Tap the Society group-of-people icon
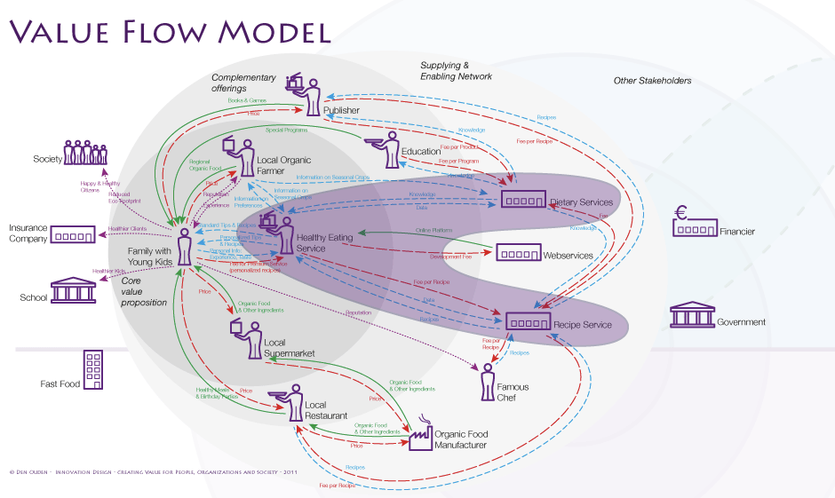coord(85,152)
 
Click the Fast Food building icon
coord(93,369)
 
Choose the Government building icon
coord(692,315)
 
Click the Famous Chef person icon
coord(487,380)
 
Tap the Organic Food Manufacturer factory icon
coord(420,434)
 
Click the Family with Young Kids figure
coord(184,246)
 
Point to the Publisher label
coord(342,110)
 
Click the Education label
coord(421,151)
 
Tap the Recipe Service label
coord(583,325)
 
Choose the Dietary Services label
coord(581,202)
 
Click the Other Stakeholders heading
coord(652,81)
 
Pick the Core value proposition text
coord(144,291)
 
